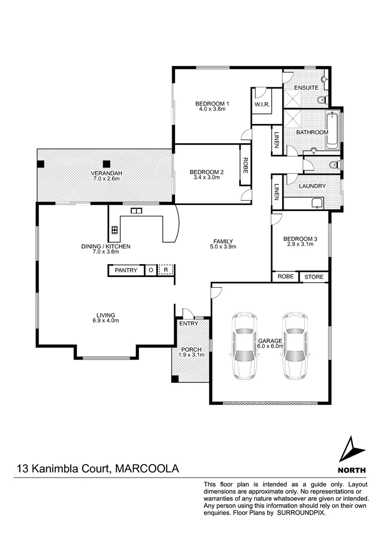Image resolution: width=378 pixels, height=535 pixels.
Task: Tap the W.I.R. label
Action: (261, 105)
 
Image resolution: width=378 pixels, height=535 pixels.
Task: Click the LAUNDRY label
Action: (312, 186)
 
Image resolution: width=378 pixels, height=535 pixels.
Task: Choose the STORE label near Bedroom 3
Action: (314, 276)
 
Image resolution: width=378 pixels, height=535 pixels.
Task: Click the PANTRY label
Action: (126, 270)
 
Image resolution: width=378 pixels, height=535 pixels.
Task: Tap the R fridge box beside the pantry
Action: (167, 270)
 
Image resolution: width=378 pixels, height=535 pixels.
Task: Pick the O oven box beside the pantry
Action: (150, 270)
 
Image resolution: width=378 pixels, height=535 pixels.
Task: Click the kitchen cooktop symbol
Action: (115, 229)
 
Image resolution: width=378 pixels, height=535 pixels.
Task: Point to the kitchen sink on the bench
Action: (136, 211)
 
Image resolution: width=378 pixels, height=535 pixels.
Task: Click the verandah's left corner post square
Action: (42, 164)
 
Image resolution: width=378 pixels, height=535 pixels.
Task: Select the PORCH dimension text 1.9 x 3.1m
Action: (191, 354)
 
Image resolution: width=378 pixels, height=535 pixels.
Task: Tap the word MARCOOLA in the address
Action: (146, 469)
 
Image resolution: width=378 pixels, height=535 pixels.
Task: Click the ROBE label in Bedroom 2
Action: (245, 165)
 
